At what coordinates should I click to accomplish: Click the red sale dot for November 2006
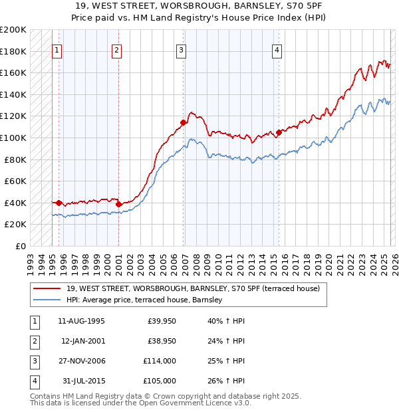pos(182,122)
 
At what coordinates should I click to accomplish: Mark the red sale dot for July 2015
pos(279,132)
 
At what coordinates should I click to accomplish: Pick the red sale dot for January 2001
pos(118,204)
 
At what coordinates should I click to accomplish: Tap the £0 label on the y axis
pos(20,246)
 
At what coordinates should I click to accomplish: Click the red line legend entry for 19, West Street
pos(193,288)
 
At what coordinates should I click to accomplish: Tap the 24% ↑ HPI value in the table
pos(225,342)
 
